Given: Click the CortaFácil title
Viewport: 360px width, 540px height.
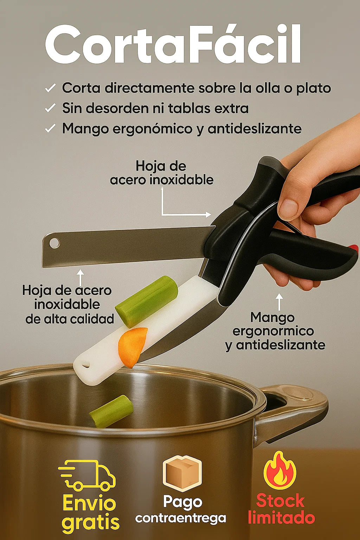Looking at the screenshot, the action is [x=173, y=44].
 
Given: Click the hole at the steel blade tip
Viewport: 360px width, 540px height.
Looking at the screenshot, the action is [x=54, y=243].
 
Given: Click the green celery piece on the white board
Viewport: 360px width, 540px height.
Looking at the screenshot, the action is [x=146, y=301].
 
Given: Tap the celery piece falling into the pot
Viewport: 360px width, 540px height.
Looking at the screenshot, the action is [x=111, y=411].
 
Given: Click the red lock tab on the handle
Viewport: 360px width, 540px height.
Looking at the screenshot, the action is [x=353, y=247].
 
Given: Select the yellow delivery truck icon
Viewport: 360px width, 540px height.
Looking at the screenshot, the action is [x=87, y=475].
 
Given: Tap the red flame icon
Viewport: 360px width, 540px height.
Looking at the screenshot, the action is [x=280, y=471].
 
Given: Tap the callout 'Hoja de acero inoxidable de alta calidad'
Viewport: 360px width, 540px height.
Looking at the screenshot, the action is [x=68, y=304].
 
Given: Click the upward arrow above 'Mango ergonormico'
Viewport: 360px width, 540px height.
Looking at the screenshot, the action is [x=279, y=302].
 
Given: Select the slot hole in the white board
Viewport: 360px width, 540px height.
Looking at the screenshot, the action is [x=85, y=366].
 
